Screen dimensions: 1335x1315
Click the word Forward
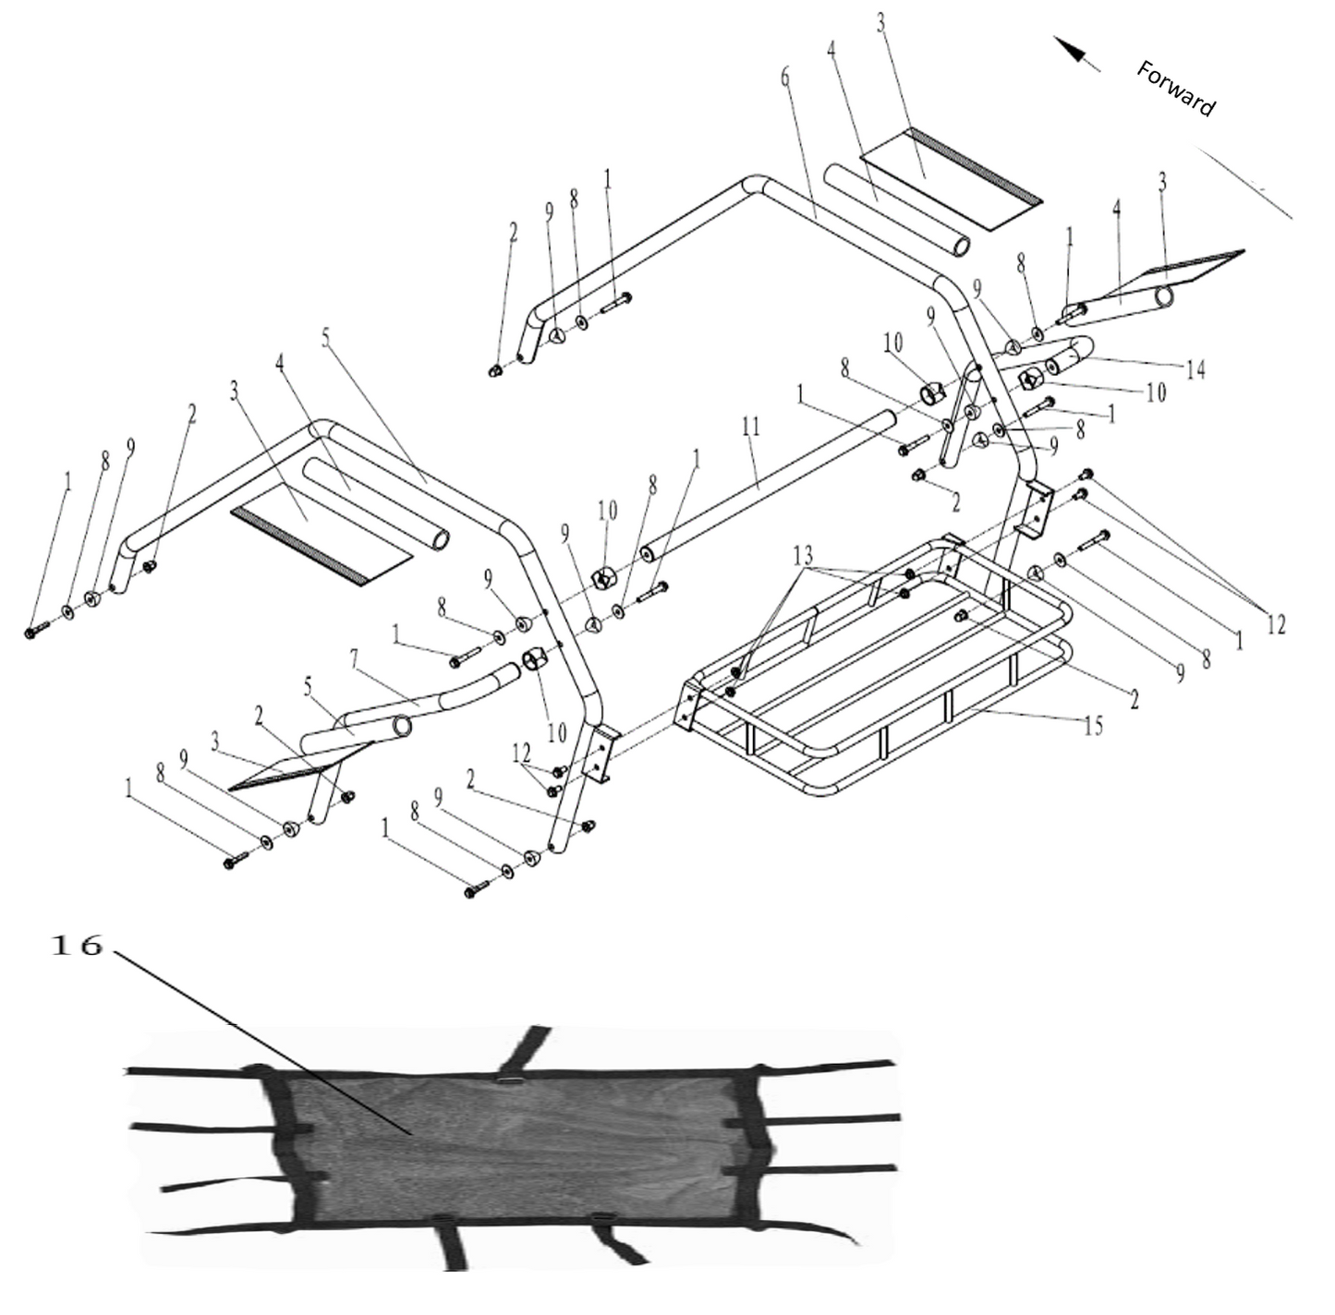[1176, 90]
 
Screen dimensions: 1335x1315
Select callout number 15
[1093, 726]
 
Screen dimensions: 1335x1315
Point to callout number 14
[1195, 369]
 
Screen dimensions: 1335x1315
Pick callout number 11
[750, 427]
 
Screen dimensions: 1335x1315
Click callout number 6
[785, 78]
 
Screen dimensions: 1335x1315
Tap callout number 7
[356, 660]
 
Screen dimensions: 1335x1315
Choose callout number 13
[803, 555]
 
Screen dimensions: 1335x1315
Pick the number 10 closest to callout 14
[1155, 392]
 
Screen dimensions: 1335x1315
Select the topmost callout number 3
[880, 24]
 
